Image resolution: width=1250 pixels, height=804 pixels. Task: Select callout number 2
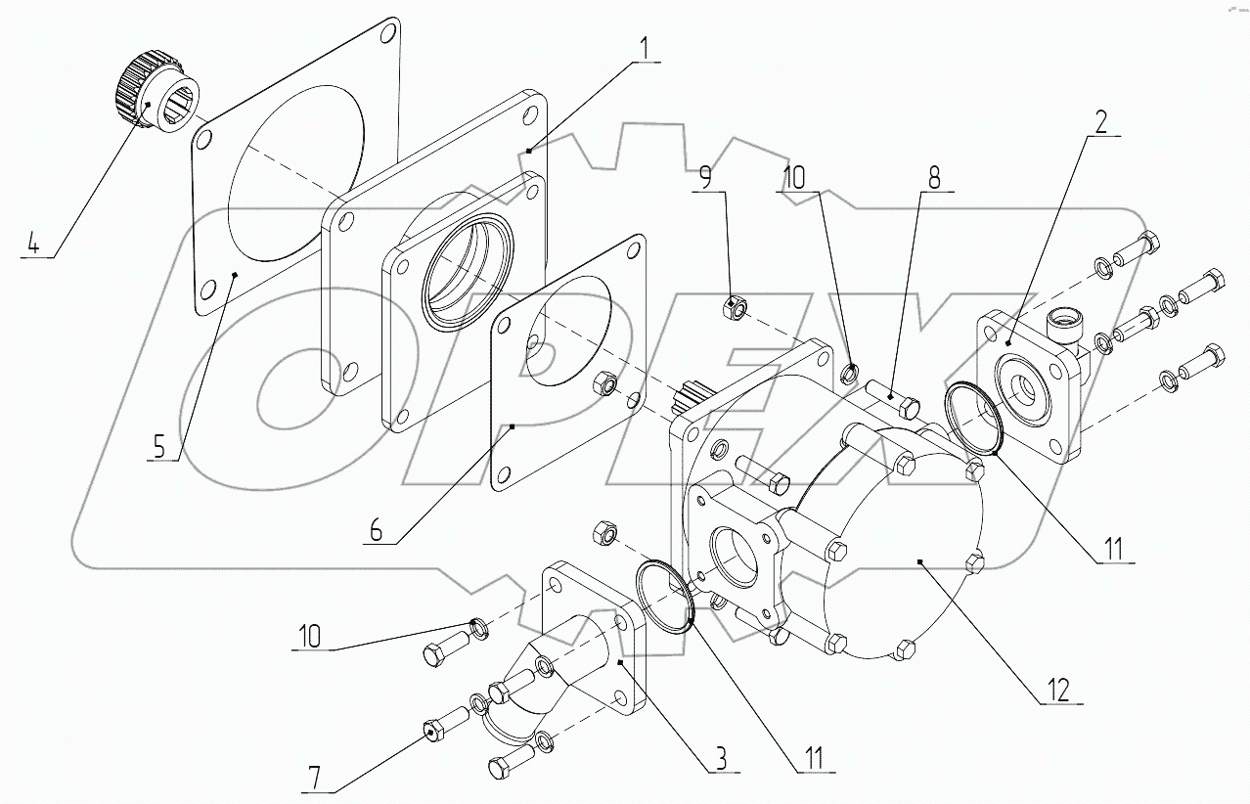(1100, 120)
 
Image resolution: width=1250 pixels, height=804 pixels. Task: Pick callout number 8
(934, 178)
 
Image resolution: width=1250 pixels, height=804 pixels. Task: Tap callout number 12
(1060, 689)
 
